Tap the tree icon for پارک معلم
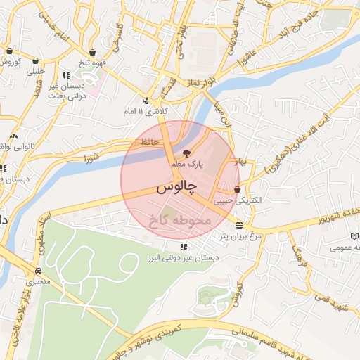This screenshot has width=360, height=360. (186, 152)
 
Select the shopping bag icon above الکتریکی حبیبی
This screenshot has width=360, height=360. (237, 190)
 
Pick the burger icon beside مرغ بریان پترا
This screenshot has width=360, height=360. (240, 226)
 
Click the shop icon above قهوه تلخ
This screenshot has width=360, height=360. (92, 51)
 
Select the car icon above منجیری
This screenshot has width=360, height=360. (37, 271)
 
